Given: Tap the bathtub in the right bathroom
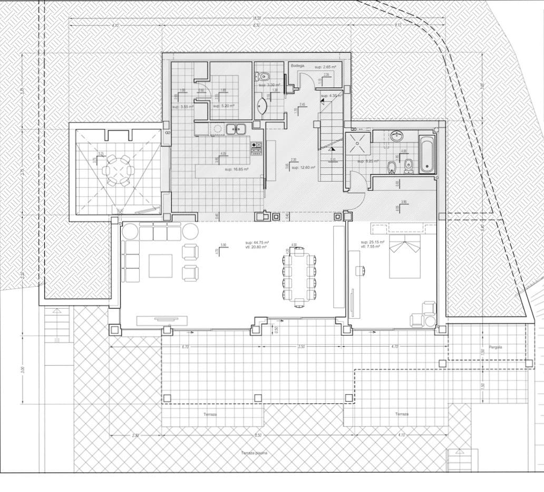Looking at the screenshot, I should click(426, 154).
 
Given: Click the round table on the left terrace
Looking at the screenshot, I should click(118, 171).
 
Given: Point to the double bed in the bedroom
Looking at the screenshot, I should click(405, 257).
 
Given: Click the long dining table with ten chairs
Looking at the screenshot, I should click(299, 276).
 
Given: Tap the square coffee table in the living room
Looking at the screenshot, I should click(160, 266).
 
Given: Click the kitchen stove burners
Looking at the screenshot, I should click(256, 148).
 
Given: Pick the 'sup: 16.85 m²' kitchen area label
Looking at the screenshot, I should click(236, 169).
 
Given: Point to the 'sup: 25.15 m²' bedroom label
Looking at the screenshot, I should click(372, 243).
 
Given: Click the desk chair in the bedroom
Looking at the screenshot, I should click(361, 271).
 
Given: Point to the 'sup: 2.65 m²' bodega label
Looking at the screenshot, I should click(326, 68).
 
